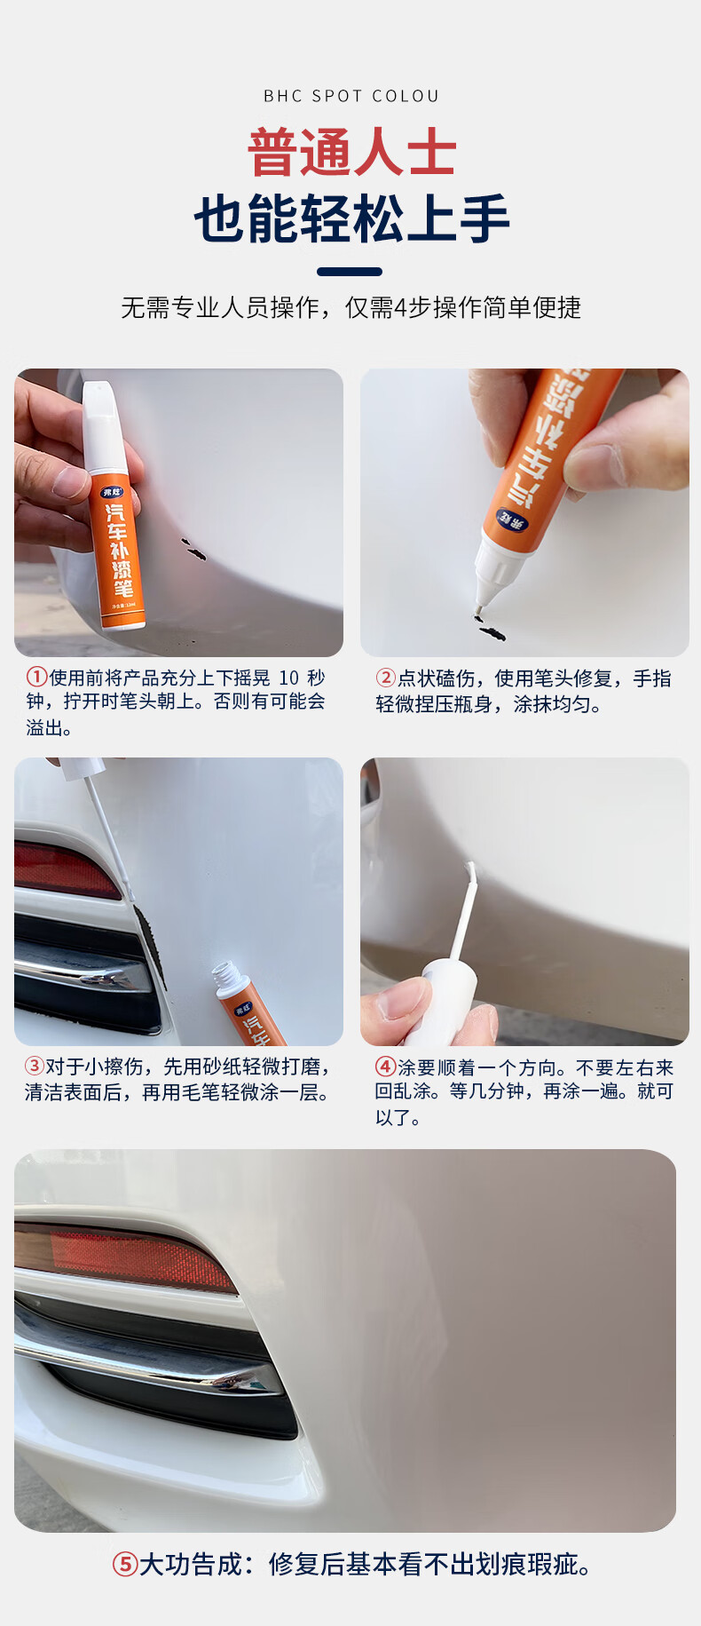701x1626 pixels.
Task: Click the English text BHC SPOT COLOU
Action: pos(351,96)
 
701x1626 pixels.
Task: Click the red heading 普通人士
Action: pos(351,153)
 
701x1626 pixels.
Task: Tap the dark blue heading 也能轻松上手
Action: pos(351,219)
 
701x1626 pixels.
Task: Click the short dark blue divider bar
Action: pos(350,272)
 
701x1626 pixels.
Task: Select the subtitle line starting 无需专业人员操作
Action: pos(351,307)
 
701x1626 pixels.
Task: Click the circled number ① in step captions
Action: pos(36,678)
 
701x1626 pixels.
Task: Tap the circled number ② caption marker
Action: pos(386,678)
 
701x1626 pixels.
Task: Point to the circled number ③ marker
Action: pos(35,1066)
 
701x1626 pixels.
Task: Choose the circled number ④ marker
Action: pos(386,1067)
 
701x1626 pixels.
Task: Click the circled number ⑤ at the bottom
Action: pos(124,1564)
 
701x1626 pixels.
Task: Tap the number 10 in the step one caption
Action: pos(289,678)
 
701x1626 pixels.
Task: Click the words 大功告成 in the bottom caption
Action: pos(190,1564)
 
